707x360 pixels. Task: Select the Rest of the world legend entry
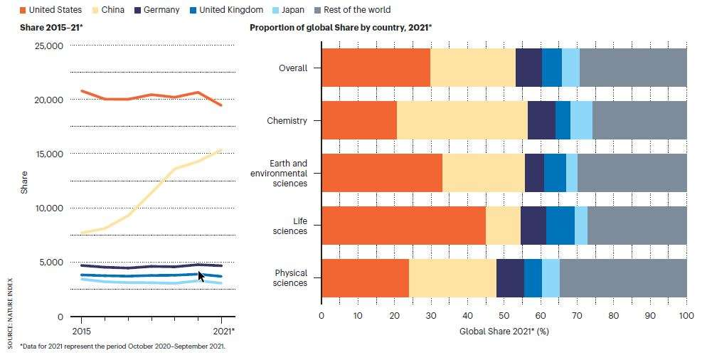[356, 10]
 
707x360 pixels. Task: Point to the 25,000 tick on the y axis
[49, 46]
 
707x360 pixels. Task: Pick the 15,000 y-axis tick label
[49, 154]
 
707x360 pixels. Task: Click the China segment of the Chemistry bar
[462, 120]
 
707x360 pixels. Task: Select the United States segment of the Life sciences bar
[403, 226]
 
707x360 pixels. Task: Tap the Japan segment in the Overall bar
[570, 68]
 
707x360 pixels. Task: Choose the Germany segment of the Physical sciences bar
[509, 278]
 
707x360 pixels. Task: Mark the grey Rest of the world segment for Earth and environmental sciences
[632, 173]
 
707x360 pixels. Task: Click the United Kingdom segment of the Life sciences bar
[560, 226]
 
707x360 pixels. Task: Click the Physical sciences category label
[290, 278]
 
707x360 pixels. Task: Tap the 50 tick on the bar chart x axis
[504, 316]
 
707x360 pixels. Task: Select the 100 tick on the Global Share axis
[686, 316]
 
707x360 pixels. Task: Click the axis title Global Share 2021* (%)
[504, 331]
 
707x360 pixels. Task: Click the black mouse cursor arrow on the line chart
[201, 276]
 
